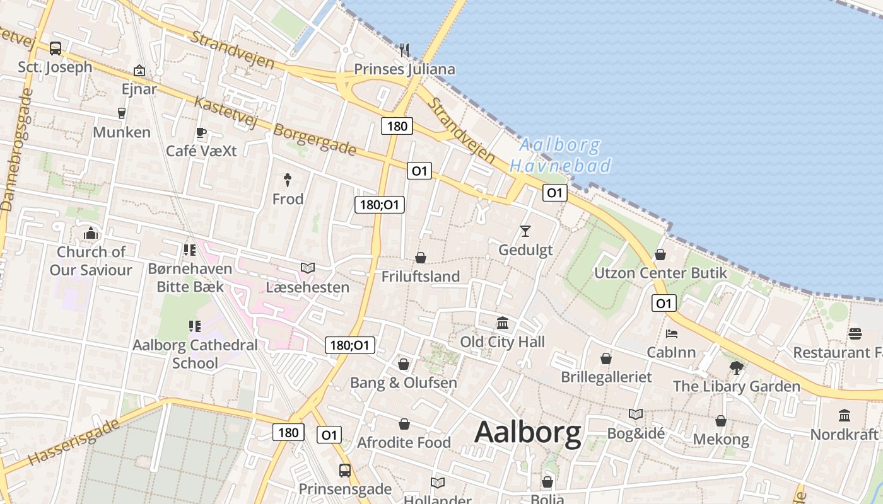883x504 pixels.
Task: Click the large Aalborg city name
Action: (527, 433)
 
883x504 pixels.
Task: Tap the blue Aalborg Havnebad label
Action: (560, 156)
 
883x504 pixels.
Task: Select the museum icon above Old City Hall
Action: (503, 323)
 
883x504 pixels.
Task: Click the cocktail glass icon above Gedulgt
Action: (525, 231)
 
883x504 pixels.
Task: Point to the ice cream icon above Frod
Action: (288, 180)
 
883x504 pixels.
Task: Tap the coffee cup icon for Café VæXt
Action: (201, 132)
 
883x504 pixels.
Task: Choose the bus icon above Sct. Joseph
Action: (56, 48)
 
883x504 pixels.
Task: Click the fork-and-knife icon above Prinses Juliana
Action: (404, 50)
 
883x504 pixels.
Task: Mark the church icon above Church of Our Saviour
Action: (91, 234)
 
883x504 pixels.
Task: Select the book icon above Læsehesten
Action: (307, 268)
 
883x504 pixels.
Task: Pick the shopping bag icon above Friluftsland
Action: (420, 258)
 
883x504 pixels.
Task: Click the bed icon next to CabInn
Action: (672, 333)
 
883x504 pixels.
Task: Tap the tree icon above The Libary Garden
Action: (736, 367)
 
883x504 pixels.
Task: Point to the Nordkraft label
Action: (844, 434)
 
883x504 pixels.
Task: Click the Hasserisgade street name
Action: (74, 443)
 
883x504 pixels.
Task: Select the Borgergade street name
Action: (315, 140)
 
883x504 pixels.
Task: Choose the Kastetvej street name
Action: (225, 112)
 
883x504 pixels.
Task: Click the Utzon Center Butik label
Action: (660, 273)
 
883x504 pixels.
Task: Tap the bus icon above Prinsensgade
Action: (344, 470)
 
